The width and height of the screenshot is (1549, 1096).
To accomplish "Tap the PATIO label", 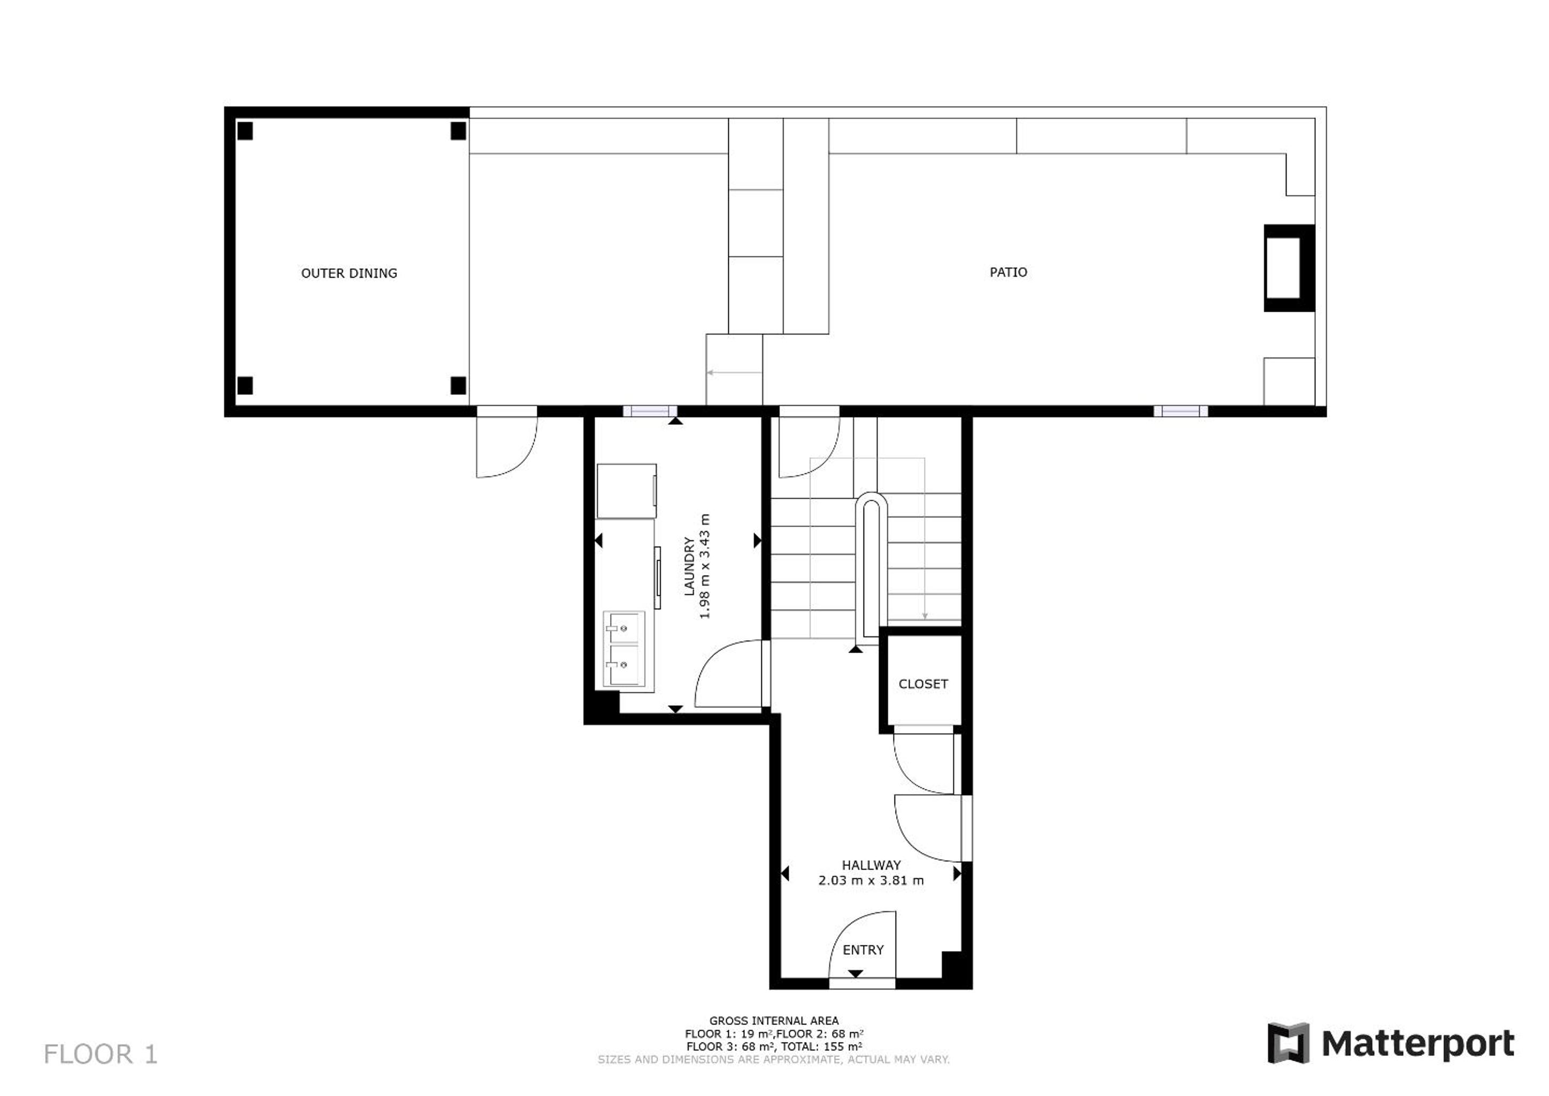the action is click(1008, 272).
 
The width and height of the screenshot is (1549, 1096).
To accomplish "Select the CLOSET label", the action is click(923, 684).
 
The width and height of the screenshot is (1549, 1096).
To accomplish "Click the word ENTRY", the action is click(863, 949).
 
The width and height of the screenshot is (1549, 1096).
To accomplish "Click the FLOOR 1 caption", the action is click(101, 1054).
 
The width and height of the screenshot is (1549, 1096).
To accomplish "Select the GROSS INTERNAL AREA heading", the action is click(774, 1021).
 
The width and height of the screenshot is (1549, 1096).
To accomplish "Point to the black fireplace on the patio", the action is click(1289, 268).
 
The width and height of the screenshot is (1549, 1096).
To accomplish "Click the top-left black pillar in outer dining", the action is click(245, 131).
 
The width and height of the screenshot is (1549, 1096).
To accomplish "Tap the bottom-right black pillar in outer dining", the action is click(458, 385).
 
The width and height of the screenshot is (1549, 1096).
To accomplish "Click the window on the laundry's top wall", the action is click(650, 411).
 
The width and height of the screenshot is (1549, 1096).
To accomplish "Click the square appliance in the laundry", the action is click(627, 490).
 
